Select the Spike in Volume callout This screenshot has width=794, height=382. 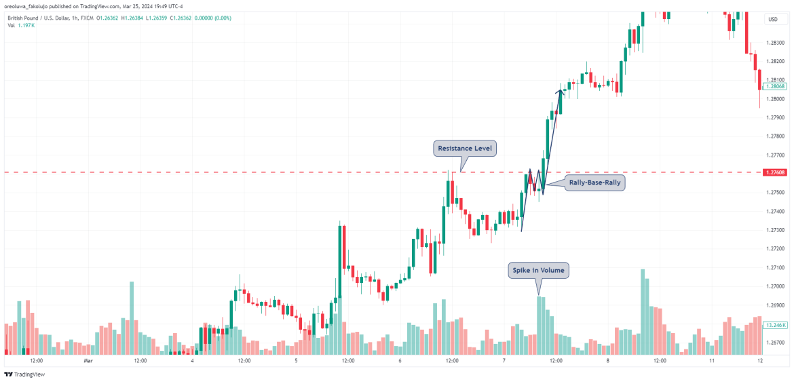tap(538, 270)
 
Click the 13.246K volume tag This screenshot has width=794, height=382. tap(775, 325)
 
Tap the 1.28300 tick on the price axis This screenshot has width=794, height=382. tap(775, 42)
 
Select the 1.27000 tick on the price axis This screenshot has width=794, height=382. tap(775, 286)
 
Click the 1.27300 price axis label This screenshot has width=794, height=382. tap(775, 230)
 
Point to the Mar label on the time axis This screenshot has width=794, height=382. tap(88, 362)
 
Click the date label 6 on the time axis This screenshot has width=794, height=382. tap(400, 362)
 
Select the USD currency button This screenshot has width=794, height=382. tap(772, 19)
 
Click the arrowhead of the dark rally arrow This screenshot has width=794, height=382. tap(560, 92)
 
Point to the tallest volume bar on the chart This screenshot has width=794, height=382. tap(643, 312)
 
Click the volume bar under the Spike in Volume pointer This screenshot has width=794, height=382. tap(540, 326)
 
